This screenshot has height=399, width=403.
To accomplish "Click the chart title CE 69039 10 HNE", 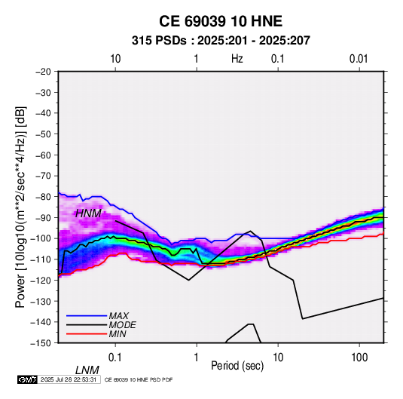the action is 221,21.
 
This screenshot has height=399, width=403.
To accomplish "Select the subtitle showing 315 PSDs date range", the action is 221,41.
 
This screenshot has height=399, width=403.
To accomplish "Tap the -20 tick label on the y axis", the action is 43,72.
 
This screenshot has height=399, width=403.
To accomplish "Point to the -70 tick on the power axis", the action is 43,176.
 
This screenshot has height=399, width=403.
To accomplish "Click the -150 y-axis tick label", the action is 41,343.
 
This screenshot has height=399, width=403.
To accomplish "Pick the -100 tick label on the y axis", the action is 41,238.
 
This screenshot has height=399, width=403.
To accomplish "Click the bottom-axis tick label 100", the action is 359,358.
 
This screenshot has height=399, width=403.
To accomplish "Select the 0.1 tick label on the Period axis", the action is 115,358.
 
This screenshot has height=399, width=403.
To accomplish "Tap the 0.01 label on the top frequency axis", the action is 359,59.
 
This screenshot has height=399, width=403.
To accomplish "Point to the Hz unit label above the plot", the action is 237,59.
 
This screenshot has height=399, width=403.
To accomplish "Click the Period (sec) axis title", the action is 237,366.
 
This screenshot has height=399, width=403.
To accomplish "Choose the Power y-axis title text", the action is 20,207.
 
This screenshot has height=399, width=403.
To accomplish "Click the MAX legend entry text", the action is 119,316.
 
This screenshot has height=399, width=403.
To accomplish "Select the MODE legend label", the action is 122,325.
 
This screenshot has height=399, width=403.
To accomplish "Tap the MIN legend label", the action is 118,334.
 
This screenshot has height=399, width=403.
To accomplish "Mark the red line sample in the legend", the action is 87,334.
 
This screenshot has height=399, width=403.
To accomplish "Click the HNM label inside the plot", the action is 88,213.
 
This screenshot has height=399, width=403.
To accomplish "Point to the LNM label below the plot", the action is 87,370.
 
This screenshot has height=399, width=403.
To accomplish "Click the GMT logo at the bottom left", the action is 28,379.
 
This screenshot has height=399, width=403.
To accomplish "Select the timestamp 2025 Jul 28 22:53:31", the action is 69,379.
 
